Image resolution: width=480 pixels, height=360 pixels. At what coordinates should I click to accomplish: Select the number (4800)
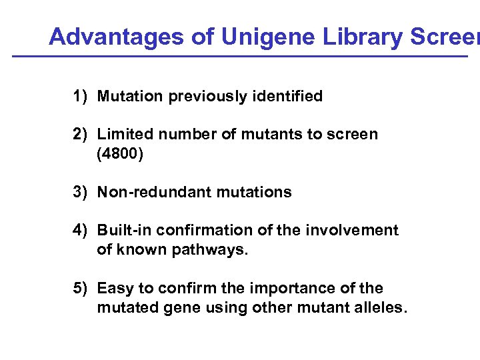pos(119,154)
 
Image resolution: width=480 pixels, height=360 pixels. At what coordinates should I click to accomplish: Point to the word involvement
pos(351,231)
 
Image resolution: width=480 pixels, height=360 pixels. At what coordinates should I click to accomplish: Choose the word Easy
pos(113,289)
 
